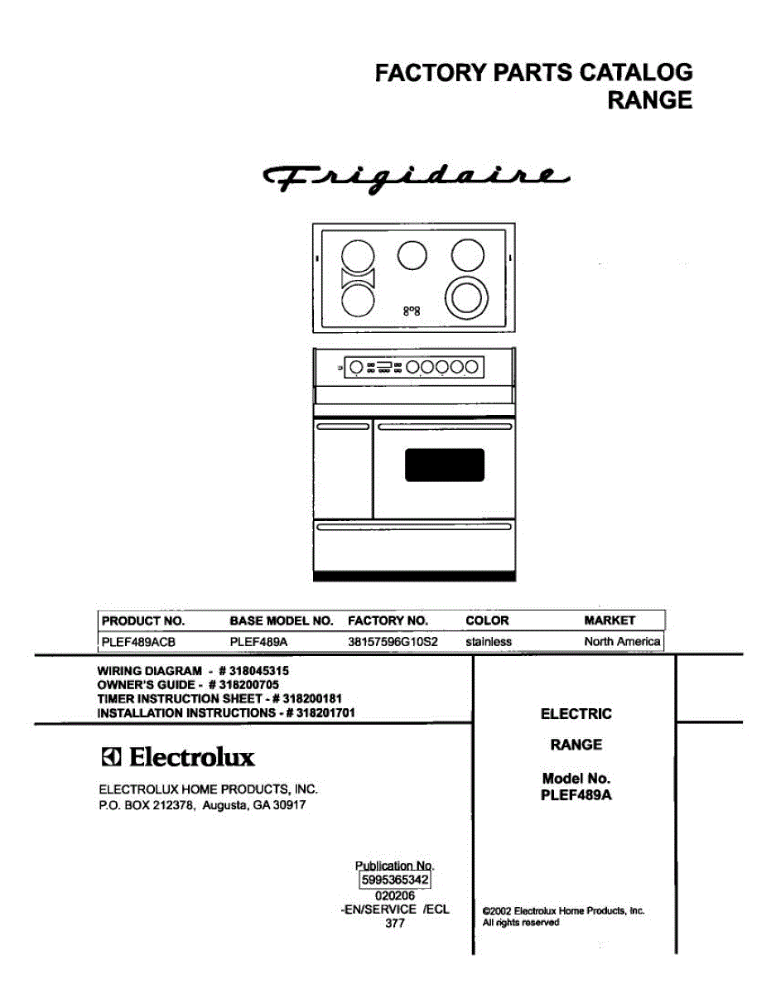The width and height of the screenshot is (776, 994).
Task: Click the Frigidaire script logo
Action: coord(415,178)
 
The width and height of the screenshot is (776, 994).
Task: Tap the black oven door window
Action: coord(444,465)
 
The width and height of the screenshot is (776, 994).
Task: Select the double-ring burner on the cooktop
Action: coord(466,298)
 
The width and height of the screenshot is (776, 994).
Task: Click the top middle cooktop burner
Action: coord(412,255)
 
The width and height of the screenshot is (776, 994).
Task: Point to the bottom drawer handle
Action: coord(414,527)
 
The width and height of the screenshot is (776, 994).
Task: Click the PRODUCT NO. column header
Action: coord(143,620)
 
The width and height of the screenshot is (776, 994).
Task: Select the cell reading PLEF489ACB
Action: coord(138,642)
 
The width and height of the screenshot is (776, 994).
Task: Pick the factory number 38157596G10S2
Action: coord(393,642)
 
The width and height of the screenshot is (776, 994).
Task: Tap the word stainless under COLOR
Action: coord(489,642)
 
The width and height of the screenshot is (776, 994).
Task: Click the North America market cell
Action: coord(622,641)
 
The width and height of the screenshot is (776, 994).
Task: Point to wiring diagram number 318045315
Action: coord(259,671)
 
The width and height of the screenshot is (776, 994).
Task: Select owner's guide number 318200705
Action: coord(248,684)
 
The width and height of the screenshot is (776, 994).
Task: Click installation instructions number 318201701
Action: coord(325,712)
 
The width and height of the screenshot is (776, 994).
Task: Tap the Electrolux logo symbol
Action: coord(111,757)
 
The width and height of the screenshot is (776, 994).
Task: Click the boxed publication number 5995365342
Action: coord(395,880)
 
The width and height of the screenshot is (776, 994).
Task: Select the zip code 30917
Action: coord(289,804)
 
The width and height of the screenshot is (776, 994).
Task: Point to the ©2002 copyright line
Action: coord(563,910)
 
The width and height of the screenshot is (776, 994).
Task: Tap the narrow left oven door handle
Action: coord(343,427)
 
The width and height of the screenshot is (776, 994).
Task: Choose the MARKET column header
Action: coord(610,620)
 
